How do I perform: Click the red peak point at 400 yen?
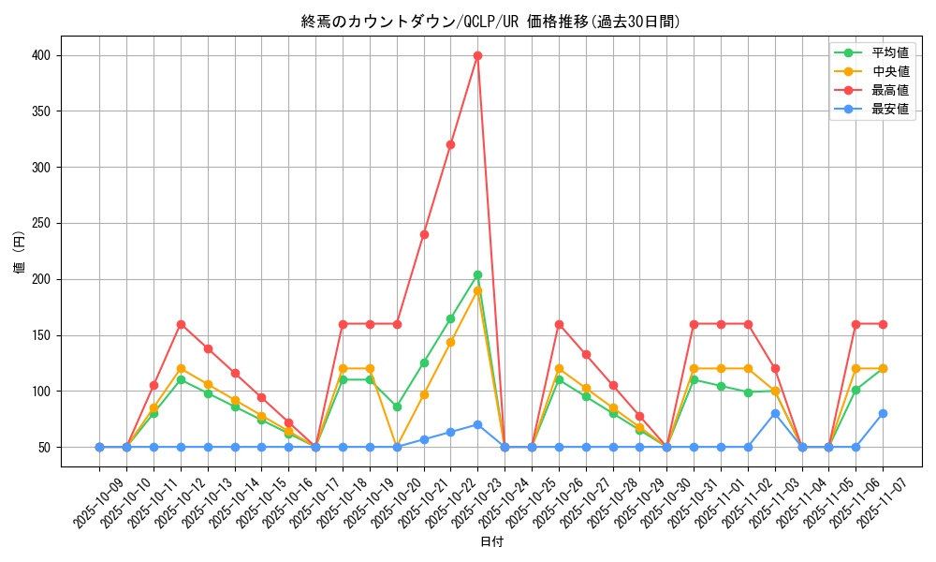477,55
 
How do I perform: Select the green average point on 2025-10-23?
477,274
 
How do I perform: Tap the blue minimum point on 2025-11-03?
775,413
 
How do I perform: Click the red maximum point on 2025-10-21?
424,234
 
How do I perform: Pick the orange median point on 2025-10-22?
450,342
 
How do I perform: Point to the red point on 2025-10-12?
181,324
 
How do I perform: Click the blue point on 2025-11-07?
883,413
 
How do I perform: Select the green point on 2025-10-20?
397,407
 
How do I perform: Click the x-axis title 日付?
491,542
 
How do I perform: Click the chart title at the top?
491,22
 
